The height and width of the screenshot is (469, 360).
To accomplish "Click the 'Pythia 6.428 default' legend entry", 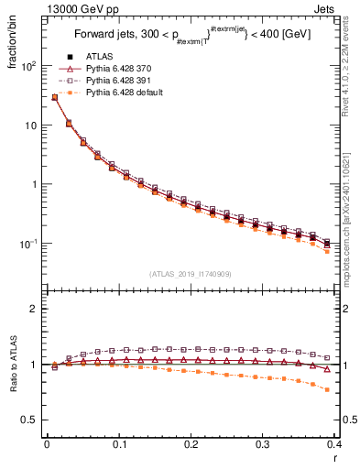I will click(124, 93).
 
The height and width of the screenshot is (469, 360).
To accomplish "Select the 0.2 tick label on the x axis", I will click(191, 444).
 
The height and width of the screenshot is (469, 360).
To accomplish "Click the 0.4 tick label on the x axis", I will click(335, 444).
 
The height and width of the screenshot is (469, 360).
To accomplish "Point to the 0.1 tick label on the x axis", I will click(119, 444).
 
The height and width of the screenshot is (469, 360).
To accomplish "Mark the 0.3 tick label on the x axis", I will click(264, 444).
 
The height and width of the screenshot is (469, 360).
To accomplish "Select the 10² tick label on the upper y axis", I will click(30, 66).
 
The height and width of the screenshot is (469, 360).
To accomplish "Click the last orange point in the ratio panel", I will click(328, 389).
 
